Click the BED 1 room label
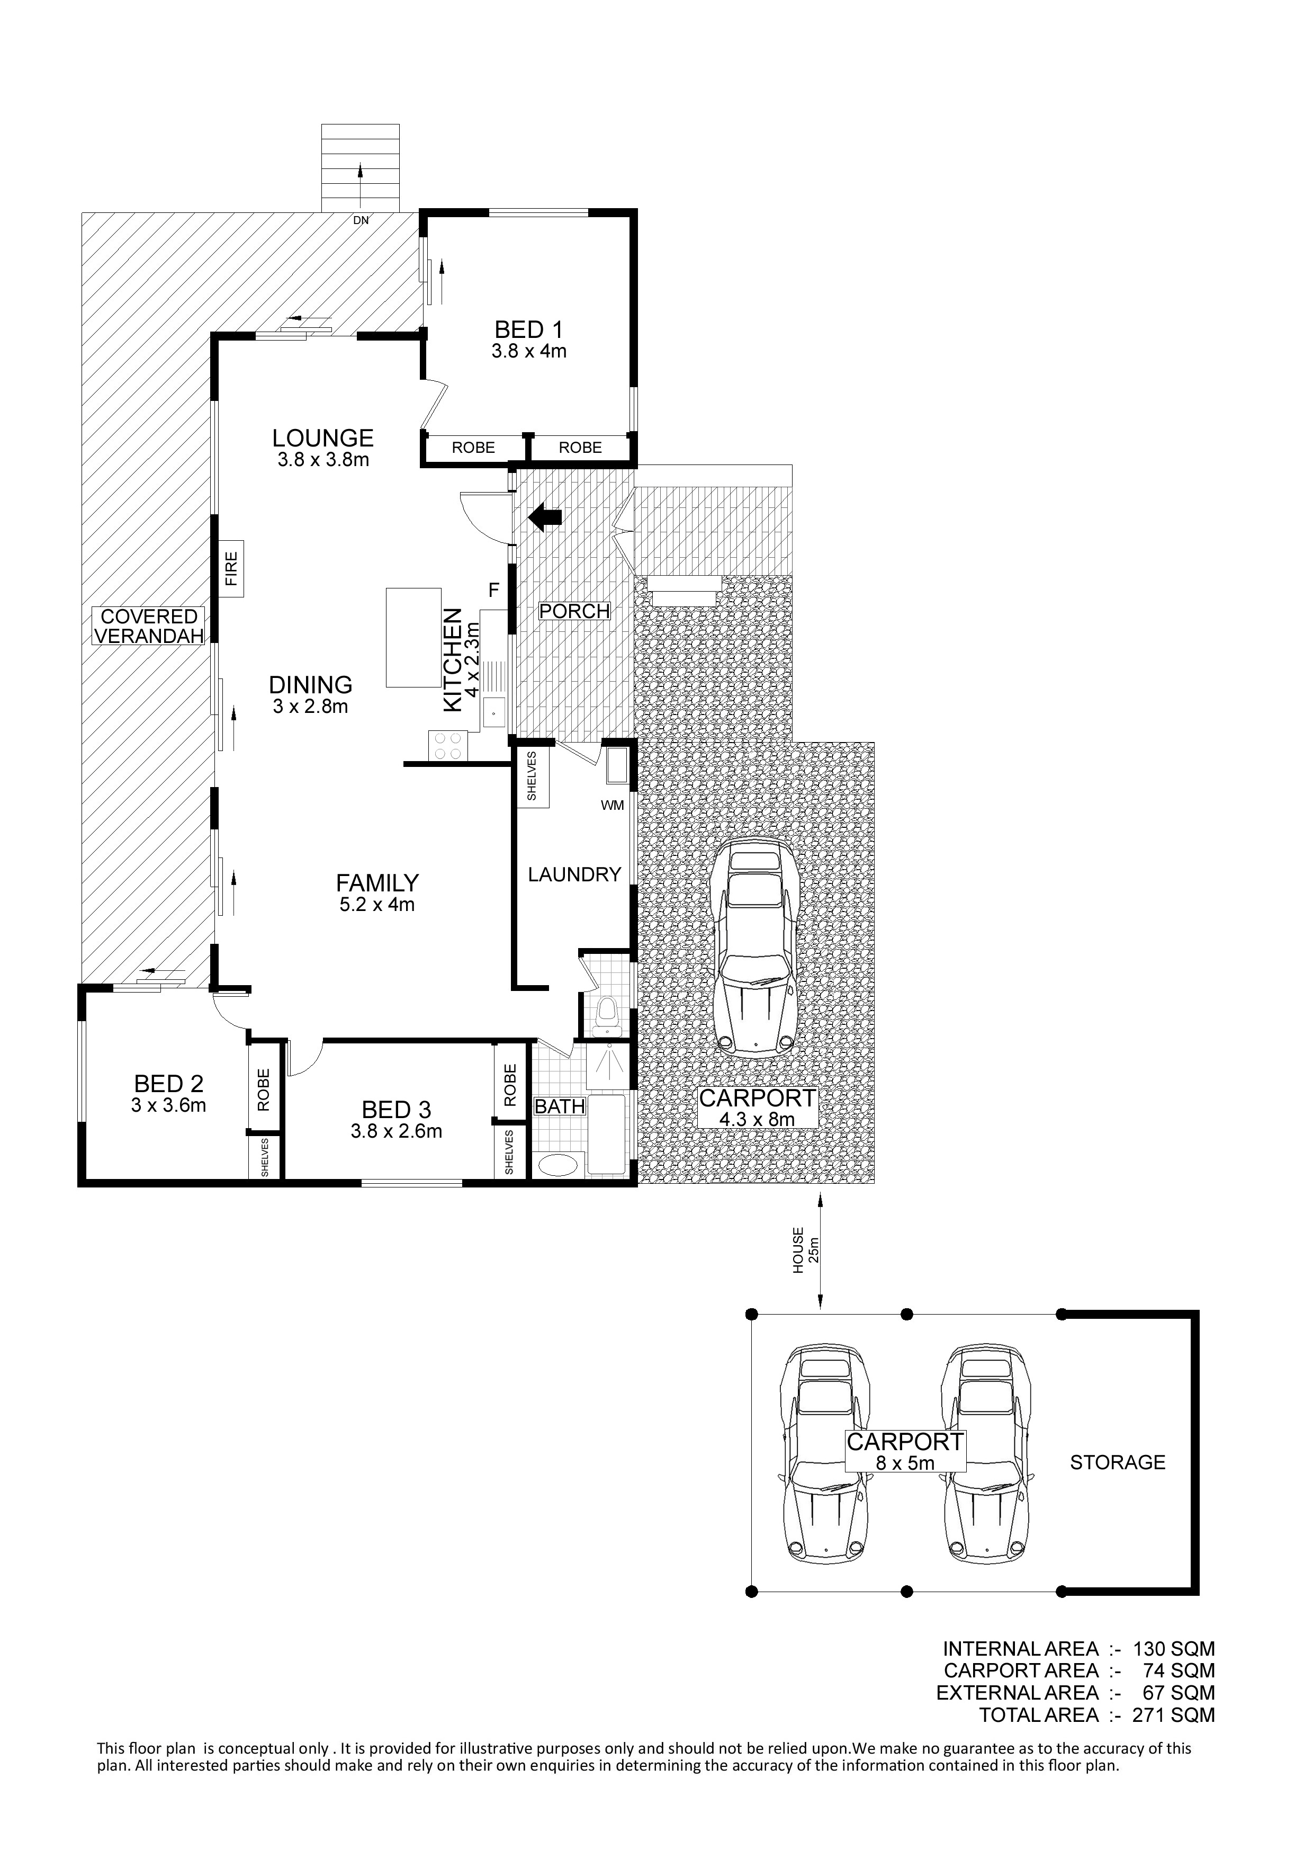[528, 329]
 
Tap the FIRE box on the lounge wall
[231, 568]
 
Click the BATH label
[560, 1105]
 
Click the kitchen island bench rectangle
[412, 638]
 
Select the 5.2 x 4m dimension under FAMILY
[377, 904]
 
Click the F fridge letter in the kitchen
[493, 590]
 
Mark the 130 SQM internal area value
[1174, 1648]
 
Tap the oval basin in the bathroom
[558, 1165]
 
